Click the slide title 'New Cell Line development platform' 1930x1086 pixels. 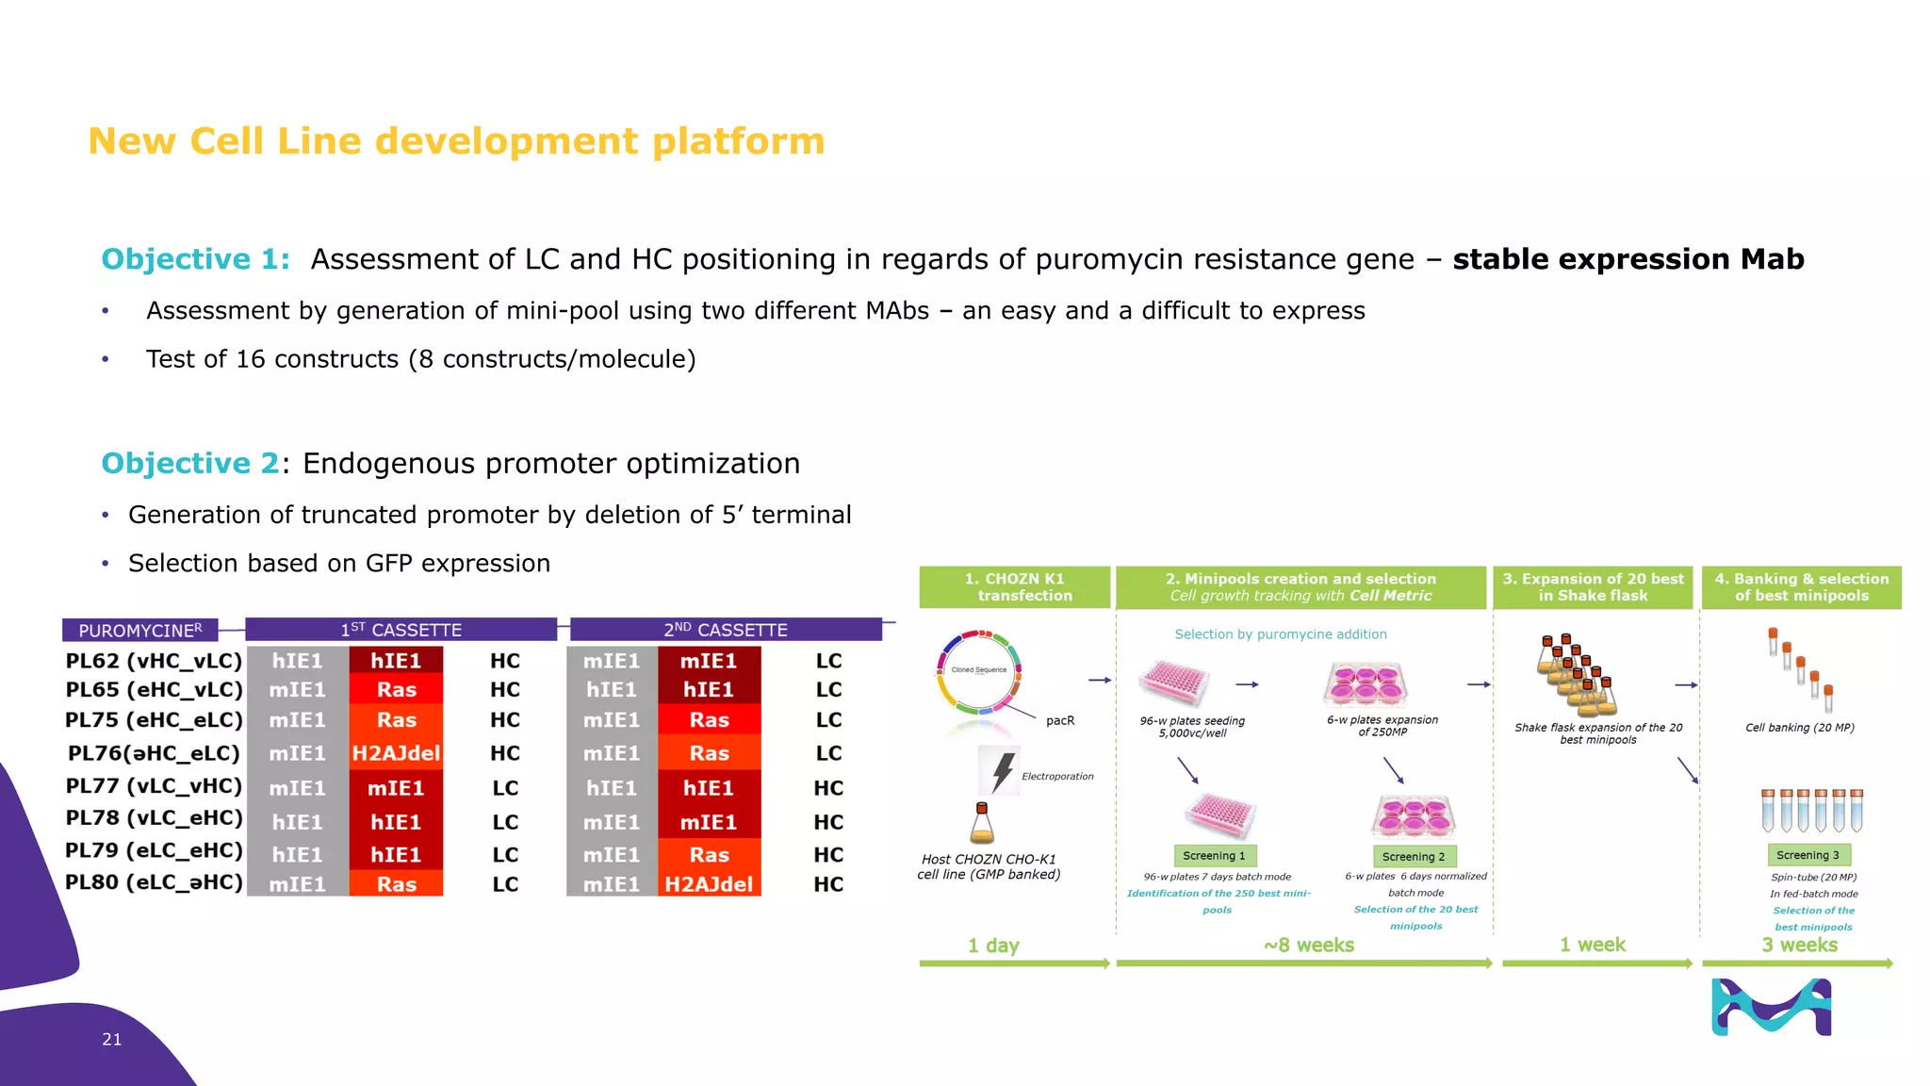(456, 141)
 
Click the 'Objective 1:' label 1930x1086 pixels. (196, 259)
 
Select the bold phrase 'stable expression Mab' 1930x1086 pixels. (1627, 259)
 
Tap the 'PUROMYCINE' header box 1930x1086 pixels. (139, 630)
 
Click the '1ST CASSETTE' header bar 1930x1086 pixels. (401, 630)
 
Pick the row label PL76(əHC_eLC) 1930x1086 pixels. (154, 753)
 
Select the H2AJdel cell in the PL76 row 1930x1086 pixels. (396, 753)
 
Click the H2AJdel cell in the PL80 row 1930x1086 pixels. (709, 884)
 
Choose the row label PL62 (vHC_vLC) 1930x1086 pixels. (154, 661)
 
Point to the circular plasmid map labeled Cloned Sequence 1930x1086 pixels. (979, 670)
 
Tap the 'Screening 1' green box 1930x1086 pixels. (1214, 856)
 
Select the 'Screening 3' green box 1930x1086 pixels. (1807, 855)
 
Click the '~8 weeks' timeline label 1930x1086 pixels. (1309, 945)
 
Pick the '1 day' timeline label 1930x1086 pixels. (993, 945)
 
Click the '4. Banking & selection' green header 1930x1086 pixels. (1801, 586)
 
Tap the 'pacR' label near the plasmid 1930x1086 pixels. (1060, 720)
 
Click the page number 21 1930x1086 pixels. (111, 1039)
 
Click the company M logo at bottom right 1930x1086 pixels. (1772, 1007)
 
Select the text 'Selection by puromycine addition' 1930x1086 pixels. (1281, 634)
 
